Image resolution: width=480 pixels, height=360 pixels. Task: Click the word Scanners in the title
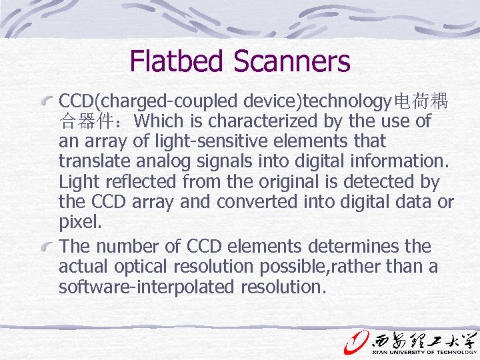[x=292, y=61]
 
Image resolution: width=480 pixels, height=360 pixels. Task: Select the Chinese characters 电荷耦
[x=421, y=102]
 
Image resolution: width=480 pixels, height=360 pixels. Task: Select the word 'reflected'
[x=131, y=182]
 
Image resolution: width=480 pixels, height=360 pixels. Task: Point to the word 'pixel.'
[x=79, y=221]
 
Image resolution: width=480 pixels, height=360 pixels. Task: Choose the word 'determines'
[x=362, y=247]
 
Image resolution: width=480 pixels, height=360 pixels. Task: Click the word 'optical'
[x=134, y=267]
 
